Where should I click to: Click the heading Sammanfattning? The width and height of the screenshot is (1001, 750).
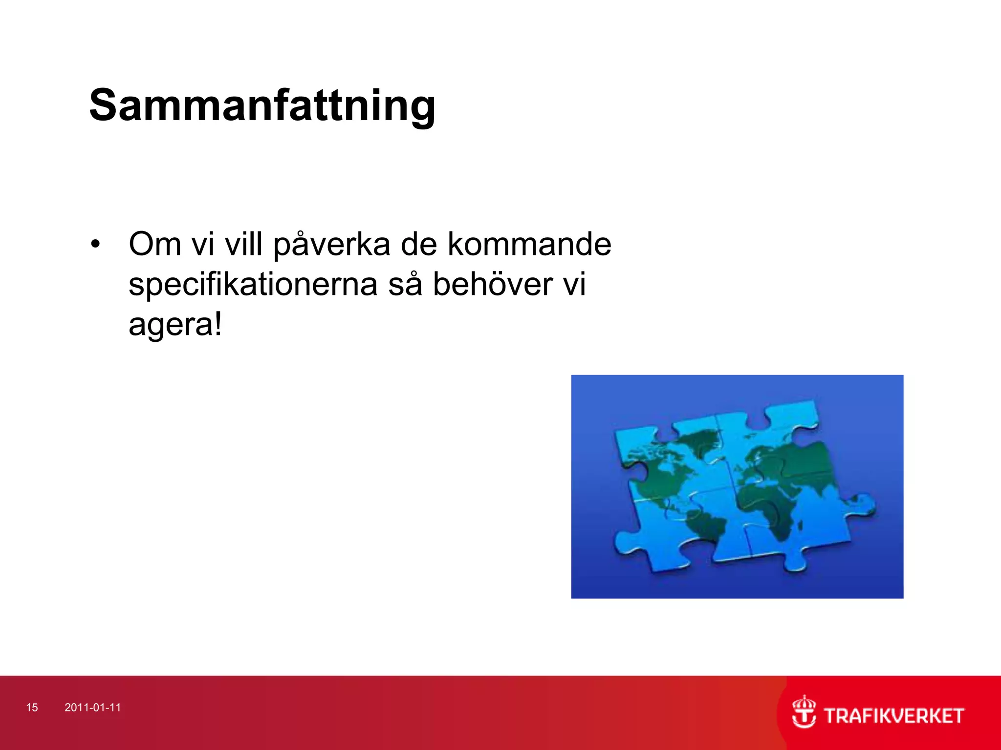[262, 105]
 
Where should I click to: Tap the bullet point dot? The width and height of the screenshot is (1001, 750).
[95, 244]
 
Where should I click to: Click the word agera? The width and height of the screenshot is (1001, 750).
[175, 325]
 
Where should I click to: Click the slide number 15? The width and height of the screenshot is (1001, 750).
[32, 708]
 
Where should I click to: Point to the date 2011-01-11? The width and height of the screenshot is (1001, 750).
[92, 708]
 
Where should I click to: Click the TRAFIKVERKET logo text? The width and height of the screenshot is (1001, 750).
[894, 716]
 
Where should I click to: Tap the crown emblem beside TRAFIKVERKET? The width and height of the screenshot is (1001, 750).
[804, 712]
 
